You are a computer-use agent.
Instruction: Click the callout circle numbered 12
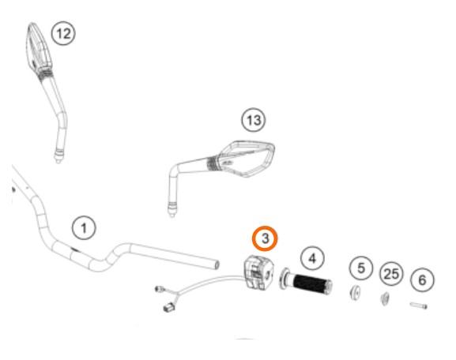[x=63, y=33]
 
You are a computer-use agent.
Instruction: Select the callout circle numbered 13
[x=254, y=120]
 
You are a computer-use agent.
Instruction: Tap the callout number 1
[x=84, y=227]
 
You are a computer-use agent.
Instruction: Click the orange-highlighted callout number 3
[x=265, y=238]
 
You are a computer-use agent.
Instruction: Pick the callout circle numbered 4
[x=312, y=258]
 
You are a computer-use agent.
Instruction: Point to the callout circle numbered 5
[x=361, y=268]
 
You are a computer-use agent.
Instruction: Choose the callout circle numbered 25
[x=391, y=274]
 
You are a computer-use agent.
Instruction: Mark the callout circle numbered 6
[x=422, y=280]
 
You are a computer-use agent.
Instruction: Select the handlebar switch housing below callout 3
[x=258, y=272]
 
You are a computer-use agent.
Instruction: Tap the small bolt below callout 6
[x=419, y=306]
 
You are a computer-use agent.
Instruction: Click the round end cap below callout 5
[x=355, y=293]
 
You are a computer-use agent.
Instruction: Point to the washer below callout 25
[x=385, y=298]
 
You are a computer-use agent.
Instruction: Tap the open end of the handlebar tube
[x=217, y=264]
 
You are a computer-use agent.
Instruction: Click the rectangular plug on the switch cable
[x=169, y=307]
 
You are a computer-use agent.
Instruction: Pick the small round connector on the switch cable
[x=160, y=289]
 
